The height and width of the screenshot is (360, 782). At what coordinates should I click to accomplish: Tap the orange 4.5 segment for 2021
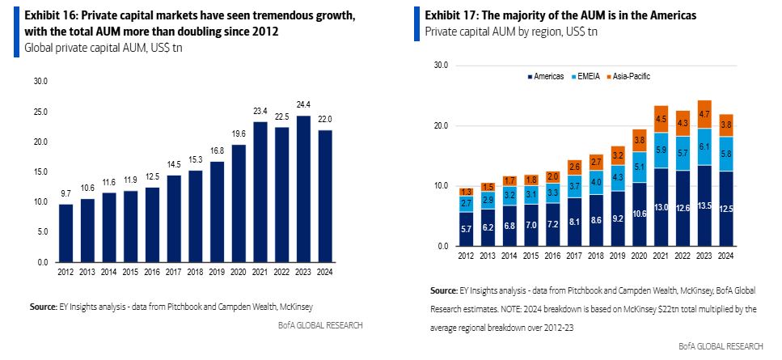[662, 119]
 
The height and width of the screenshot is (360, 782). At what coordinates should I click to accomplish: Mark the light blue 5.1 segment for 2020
[640, 167]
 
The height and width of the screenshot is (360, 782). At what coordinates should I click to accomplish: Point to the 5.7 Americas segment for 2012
[467, 229]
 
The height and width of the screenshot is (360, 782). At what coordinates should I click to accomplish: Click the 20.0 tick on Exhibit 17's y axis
[440, 125]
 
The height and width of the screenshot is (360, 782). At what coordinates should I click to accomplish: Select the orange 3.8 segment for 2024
[725, 125]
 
